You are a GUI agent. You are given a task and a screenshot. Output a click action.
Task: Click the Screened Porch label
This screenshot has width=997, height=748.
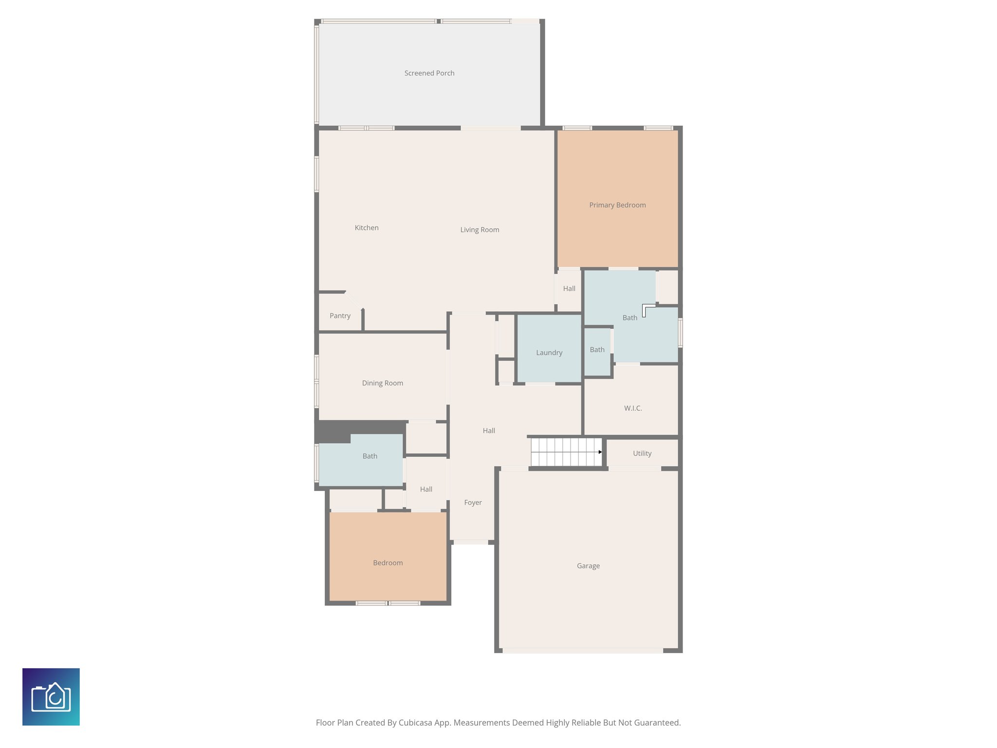click(x=429, y=73)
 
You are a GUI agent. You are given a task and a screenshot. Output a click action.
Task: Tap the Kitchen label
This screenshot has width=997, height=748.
click(x=367, y=227)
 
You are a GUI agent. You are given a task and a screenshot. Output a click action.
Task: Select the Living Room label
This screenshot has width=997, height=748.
click(x=480, y=230)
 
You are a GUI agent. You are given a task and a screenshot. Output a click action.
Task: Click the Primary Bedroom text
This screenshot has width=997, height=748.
click(x=617, y=205)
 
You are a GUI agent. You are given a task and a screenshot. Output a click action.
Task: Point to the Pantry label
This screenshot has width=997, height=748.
click(x=340, y=316)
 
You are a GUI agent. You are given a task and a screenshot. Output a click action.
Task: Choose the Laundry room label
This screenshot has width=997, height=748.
click(x=549, y=353)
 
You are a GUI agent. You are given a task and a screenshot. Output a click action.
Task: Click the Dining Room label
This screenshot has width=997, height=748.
click(x=382, y=383)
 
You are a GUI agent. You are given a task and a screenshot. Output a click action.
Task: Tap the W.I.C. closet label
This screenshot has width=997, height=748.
click(x=633, y=408)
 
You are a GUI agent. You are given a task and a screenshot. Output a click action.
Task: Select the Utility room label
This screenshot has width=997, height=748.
click(x=642, y=453)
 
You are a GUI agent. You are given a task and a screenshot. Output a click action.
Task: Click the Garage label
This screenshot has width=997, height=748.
click(x=588, y=566)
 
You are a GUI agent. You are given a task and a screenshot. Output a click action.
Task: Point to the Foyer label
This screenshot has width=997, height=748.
click(x=473, y=503)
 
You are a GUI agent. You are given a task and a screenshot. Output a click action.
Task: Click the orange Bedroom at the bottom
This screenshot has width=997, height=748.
click(x=388, y=563)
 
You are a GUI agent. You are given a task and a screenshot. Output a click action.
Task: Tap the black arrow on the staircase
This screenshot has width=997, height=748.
click(x=600, y=452)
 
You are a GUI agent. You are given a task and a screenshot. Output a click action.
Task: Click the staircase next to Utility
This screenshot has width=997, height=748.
click(x=565, y=452)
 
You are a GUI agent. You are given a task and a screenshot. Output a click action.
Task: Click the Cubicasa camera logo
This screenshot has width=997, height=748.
click(x=51, y=697)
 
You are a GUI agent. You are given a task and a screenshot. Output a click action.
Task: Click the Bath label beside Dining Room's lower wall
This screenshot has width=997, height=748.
click(x=369, y=456)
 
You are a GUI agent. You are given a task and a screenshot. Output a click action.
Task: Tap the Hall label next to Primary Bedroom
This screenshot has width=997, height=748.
click(x=569, y=289)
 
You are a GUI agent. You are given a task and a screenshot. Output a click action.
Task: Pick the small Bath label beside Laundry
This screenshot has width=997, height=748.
click(x=597, y=350)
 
